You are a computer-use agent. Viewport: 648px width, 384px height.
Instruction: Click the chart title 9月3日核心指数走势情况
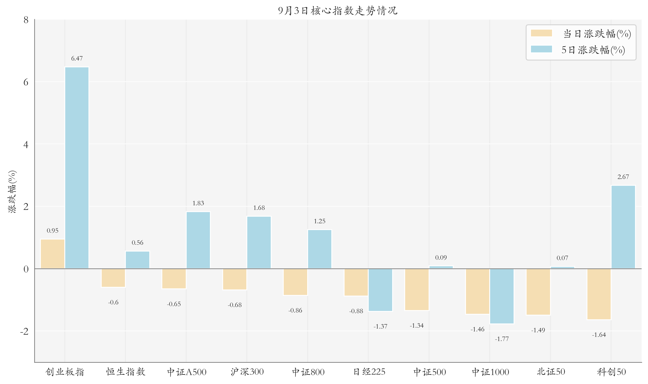[x=338, y=11]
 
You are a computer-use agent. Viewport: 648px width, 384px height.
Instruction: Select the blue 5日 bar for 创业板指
[x=77, y=168]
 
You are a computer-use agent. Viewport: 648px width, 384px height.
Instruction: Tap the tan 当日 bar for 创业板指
[x=53, y=254]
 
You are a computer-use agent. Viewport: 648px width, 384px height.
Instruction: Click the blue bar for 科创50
[x=623, y=227]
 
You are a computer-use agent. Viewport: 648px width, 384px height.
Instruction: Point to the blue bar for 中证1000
[x=502, y=296]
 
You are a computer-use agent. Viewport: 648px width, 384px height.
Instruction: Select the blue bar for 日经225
[x=380, y=290]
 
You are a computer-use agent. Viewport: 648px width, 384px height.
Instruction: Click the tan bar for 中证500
[x=417, y=289]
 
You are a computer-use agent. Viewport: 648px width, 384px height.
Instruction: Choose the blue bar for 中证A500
[x=198, y=240]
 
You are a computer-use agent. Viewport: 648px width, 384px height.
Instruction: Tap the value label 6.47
[x=77, y=59]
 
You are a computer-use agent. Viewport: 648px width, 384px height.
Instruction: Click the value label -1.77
[x=502, y=339]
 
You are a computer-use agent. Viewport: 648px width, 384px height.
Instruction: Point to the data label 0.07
[x=562, y=258]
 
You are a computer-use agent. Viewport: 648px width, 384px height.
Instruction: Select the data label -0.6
[x=113, y=302]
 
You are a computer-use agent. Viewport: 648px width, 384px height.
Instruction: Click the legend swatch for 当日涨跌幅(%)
[x=541, y=33]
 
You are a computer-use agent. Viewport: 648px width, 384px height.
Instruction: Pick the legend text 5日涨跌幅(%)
[x=593, y=50]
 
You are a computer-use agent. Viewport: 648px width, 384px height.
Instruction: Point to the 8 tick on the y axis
[x=26, y=20]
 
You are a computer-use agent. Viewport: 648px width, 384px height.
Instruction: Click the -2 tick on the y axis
[x=24, y=331]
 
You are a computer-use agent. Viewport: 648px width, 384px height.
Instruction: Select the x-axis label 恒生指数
[x=126, y=372]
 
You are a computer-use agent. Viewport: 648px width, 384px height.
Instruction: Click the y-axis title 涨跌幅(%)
[x=12, y=191]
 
